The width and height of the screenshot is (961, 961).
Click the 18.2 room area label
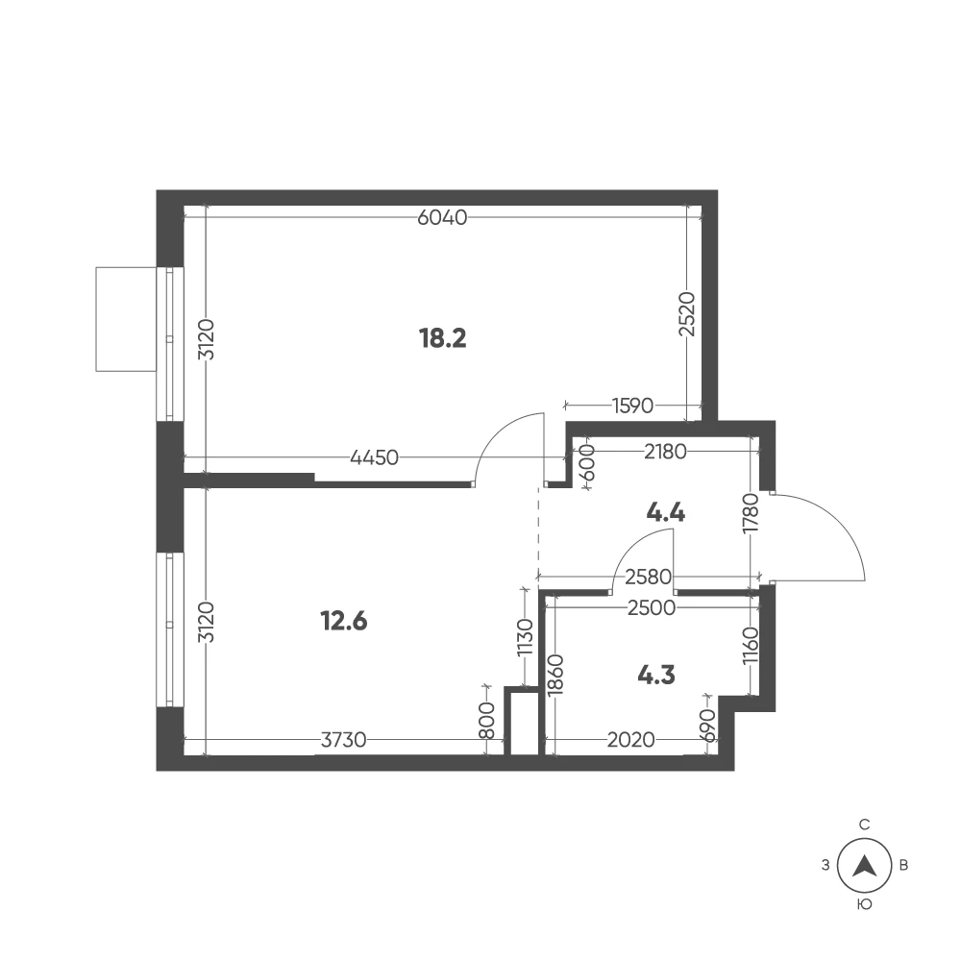coord(442,337)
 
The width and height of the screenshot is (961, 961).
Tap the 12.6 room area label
coord(344,621)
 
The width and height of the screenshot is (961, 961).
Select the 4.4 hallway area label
coord(666,512)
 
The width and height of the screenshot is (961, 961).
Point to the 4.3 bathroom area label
coord(656,675)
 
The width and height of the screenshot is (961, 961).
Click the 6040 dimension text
coord(442,217)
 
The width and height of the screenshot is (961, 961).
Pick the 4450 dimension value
coord(374,457)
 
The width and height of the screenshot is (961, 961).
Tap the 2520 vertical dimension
coord(688,314)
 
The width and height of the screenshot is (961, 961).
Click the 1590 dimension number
coord(633,406)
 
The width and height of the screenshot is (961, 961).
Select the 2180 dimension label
coord(666,452)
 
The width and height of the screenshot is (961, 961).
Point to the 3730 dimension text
coord(344,740)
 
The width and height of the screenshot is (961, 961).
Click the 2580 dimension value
coord(649,577)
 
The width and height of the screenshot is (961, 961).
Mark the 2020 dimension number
coord(631,740)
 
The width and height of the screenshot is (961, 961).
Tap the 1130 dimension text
coord(526,637)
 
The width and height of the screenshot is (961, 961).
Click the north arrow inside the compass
coord(864,866)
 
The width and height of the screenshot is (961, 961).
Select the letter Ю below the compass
coord(864,904)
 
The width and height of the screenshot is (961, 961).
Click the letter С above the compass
coord(864,825)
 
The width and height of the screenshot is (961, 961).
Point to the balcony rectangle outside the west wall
coord(126,319)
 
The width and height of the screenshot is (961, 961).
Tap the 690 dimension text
coord(708,726)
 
